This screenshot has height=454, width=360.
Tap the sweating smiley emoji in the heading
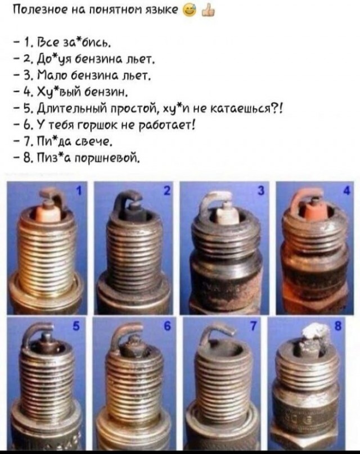tap(190, 11)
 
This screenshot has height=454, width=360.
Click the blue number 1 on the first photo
tap(78, 191)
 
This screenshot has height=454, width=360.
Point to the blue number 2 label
tap(166, 191)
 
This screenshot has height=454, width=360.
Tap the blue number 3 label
tap(261, 191)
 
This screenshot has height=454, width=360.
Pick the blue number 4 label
tap(348, 191)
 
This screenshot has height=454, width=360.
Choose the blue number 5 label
tap(76, 326)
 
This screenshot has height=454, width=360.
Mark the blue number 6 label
tap(166, 326)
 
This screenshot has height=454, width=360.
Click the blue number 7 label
tap(253, 326)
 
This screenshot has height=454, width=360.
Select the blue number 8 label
tap(337, 326)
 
